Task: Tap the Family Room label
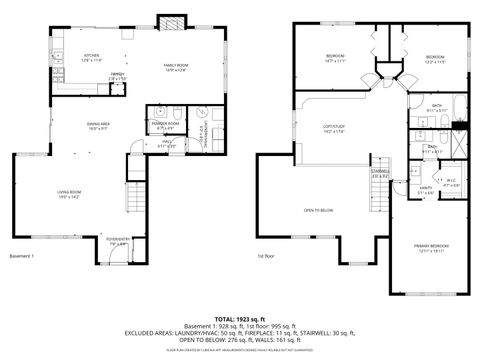176,69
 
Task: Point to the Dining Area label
98,126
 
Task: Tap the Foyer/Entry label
118,241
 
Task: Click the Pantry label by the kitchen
117,76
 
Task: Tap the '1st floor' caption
267,257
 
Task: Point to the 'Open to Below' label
318,209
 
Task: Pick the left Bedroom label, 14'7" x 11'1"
333,58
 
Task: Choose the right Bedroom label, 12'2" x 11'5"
433,58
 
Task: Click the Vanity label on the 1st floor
425,190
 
